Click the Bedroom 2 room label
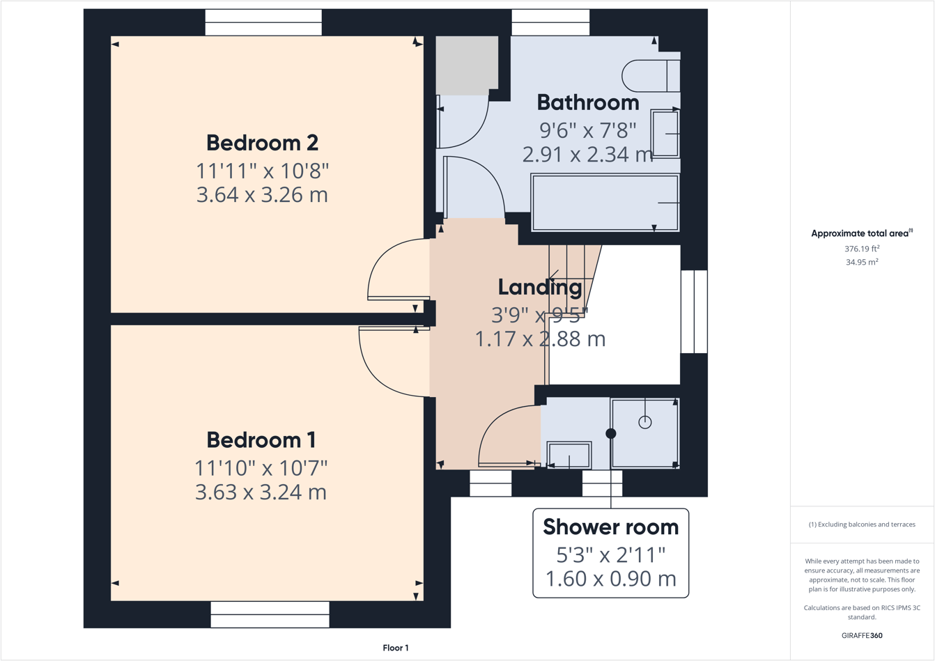[x=262, y=143]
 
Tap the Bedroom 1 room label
[x=261, y=440]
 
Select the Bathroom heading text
[x=587, y=102]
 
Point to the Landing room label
[x=540, y=287]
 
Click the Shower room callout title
[x=610, y=527]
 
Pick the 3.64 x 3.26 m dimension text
[x=262, y=195]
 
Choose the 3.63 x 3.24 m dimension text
[x=261, y=492]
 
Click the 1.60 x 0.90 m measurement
[x=610, y=579]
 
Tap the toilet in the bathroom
[x=651, y=76]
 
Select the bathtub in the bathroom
[x=604, y=203]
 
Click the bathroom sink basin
[x=665, y=134]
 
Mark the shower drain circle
[x=645, y=421]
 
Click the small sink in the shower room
[x=569, y=456]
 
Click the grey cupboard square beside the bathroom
[x=467, y=65]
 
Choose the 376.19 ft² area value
[x=862, y=249]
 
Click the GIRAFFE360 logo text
[x=862, y=635]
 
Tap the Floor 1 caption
[x=396, y=648]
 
